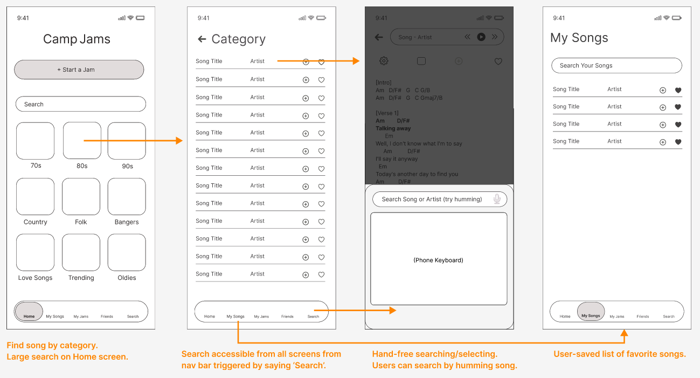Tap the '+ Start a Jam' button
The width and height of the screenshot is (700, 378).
79,70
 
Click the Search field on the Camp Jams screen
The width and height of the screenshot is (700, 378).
81,104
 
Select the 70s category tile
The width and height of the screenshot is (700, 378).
36,141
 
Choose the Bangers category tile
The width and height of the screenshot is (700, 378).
127,197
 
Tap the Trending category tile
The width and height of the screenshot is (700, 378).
81,252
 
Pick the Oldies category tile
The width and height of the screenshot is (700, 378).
127,252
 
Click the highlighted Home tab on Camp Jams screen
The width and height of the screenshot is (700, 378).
29,311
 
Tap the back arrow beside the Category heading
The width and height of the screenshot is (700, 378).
202,39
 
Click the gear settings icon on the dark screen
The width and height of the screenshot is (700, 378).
384,61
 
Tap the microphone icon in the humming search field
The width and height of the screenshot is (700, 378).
497,199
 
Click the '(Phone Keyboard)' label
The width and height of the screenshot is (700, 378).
438,260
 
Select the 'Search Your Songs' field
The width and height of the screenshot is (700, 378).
616,65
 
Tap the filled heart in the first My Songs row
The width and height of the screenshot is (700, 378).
678,91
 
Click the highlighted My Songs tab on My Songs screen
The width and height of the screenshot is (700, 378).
591,311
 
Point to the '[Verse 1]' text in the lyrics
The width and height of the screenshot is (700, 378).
387,113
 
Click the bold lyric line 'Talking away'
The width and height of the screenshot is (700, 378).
393,128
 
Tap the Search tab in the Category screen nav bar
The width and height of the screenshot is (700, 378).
313,317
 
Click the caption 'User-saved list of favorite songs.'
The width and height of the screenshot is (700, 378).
620,354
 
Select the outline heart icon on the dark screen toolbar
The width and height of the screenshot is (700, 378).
498,61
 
